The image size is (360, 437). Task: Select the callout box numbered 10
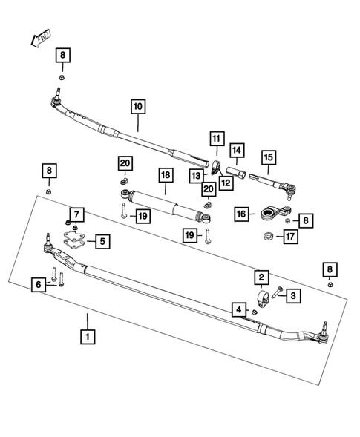coord(137,105)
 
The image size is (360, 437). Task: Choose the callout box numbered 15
coord(266,157)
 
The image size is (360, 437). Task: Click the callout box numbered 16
coord(240,214)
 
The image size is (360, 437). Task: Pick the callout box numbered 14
coord(236,151)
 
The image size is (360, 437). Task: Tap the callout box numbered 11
coord(215,138)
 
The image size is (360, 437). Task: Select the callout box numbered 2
coord(262,277)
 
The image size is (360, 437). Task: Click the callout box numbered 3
coord(293,296)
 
